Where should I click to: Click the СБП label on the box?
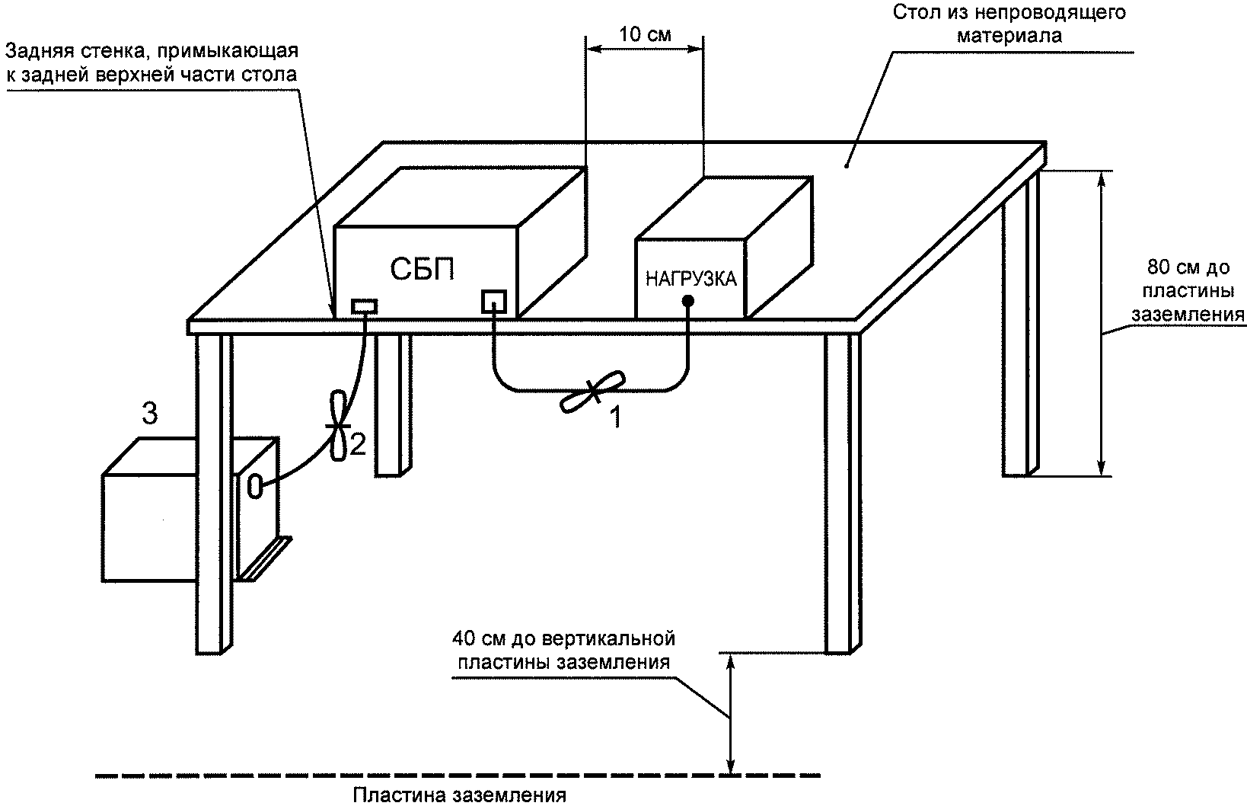tap(422, 270)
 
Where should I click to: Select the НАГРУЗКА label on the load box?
tap(690, 279)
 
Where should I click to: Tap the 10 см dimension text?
tap(646, 34)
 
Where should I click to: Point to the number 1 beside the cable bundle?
tap(616, 417)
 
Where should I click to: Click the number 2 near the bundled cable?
tap(357, 445)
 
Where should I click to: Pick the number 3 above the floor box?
tap(150, 414)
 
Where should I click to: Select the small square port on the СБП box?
tap(494, 302)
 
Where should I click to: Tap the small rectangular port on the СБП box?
tap(364, 306)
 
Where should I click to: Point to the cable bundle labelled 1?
tap(592, 392)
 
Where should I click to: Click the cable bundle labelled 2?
tap(338, 426)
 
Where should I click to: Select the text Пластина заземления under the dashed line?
tap(459, 795)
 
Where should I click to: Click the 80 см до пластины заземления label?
tap(1188, 291)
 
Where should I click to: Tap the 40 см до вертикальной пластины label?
tap(563, 650)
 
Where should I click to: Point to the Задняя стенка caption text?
tap(151, 62)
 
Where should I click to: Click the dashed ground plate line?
tap(458, 775)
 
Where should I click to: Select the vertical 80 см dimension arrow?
tap(1101, 323)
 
